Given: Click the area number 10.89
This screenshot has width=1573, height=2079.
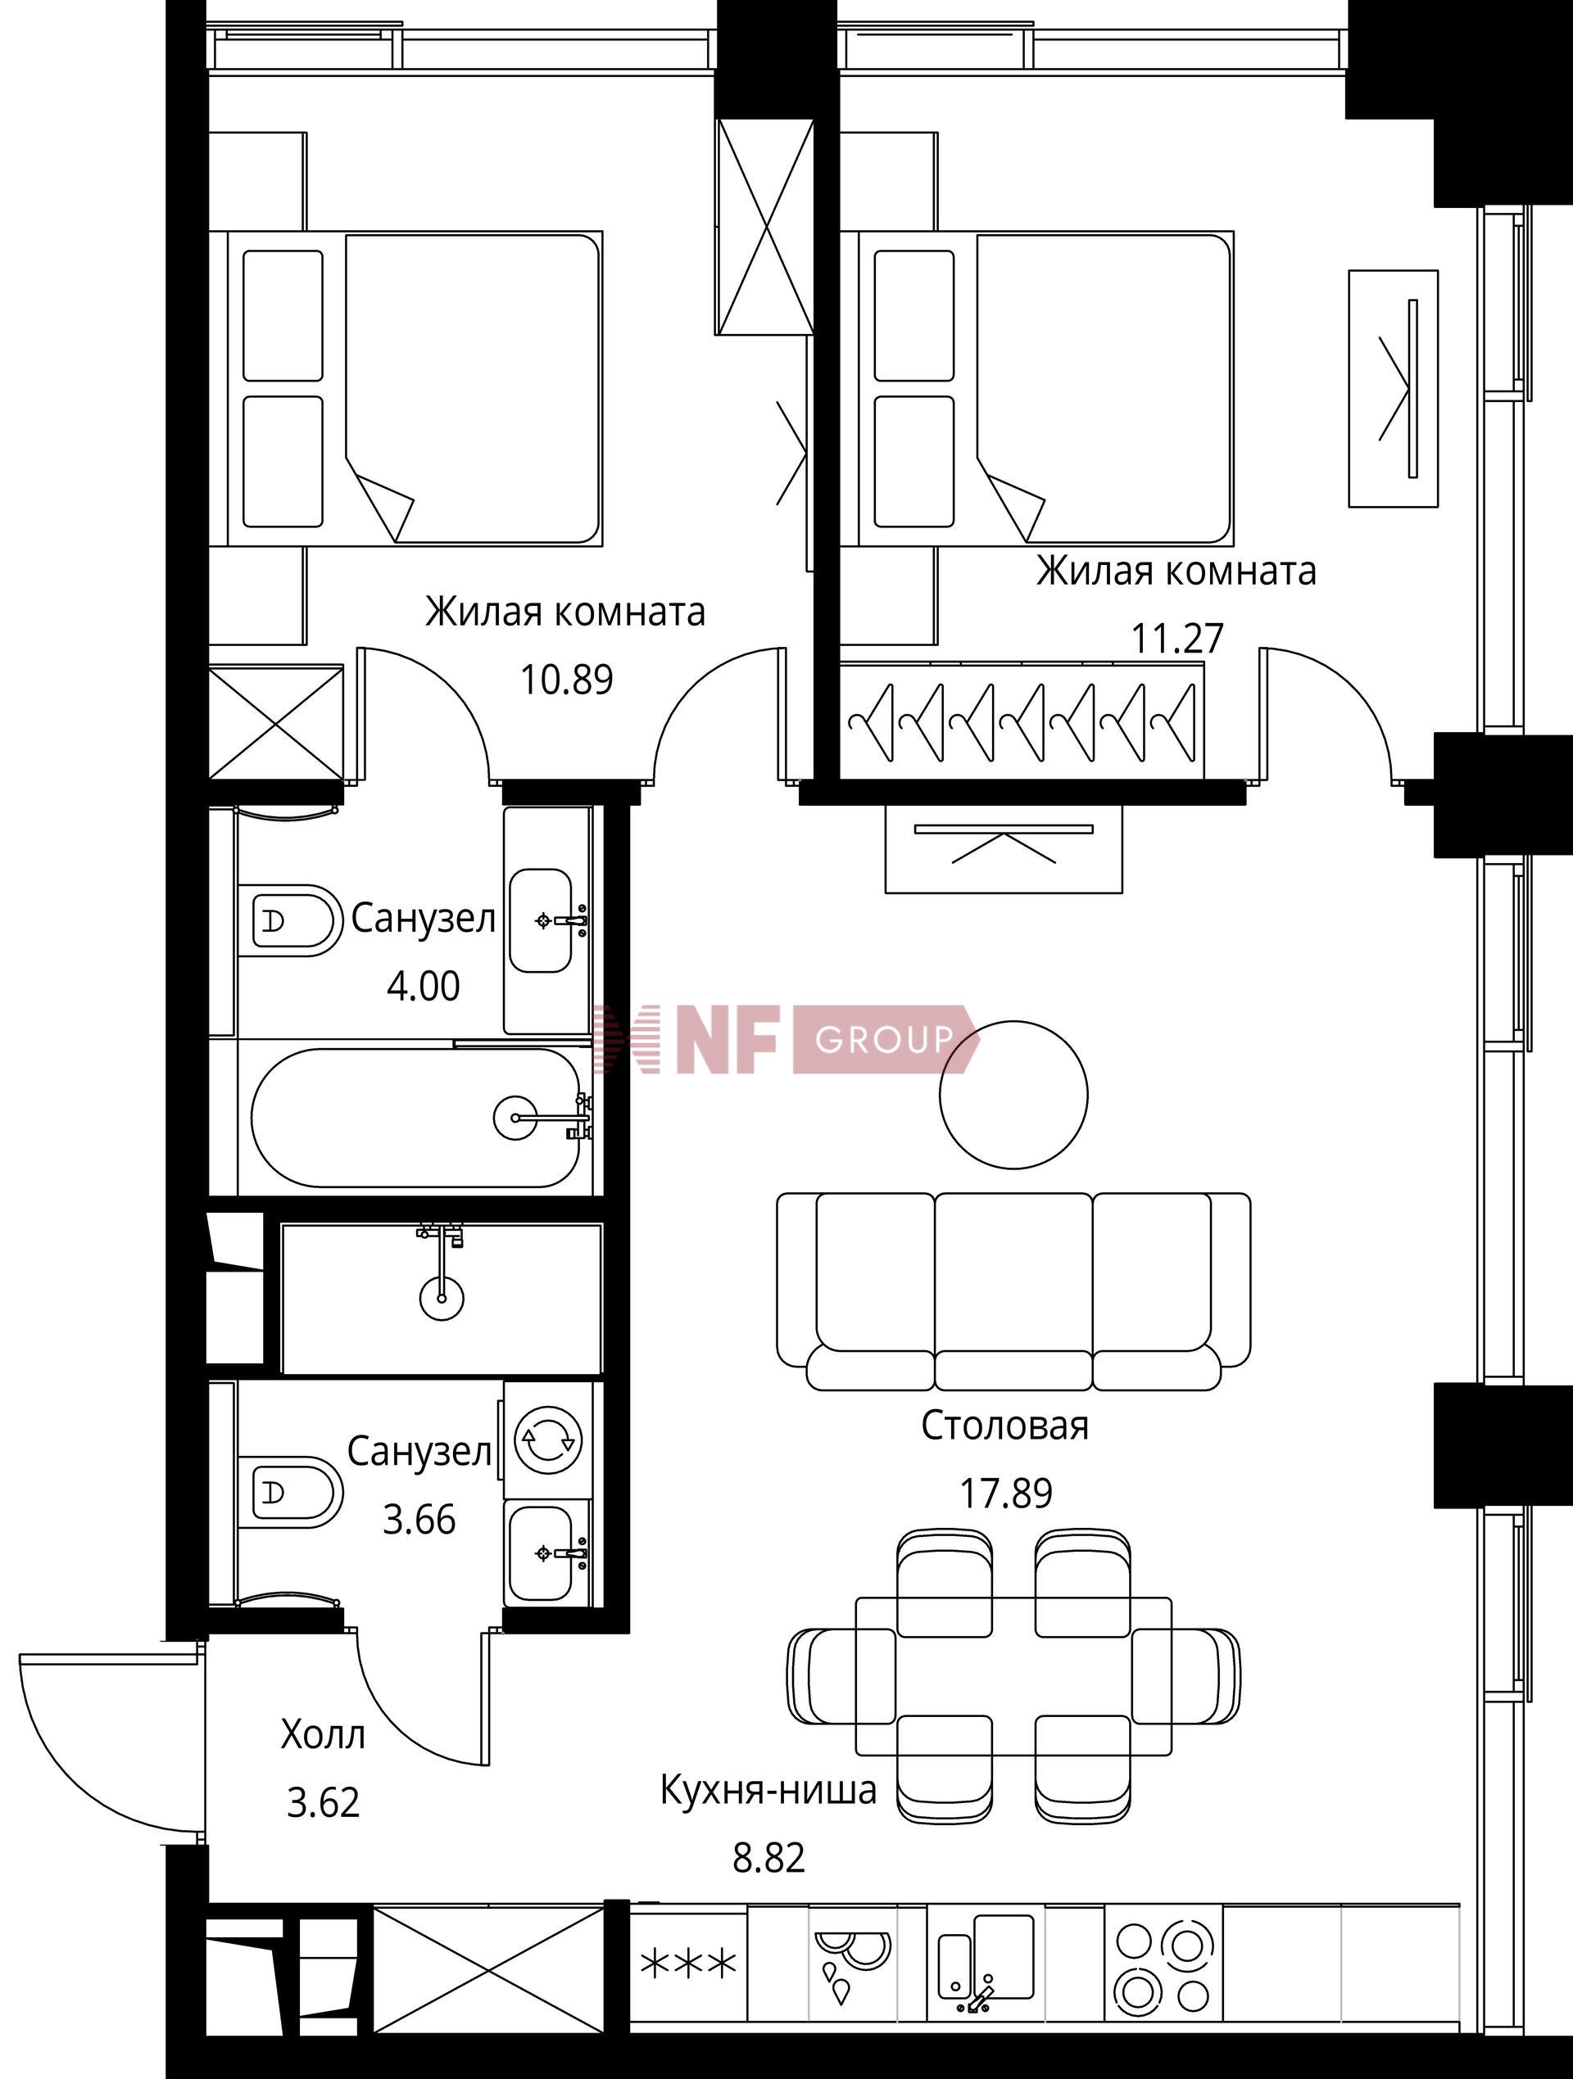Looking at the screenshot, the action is pyautogui.click(x=566, y=680).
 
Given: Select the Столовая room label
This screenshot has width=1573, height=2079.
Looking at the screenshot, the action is pyautogui.click(x=1005, y=1426).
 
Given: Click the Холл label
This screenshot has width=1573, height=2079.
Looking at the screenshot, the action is pyautogui.click(x=323, y=1735).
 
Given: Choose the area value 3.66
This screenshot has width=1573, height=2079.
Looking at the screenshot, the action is pyautogui.click(x=419, y=1520).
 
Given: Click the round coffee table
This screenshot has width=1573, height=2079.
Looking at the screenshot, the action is pyautogui.click(x=1013, y=1094).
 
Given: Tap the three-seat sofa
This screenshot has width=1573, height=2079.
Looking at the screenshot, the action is pyautogui.click(x=1013, y=1292).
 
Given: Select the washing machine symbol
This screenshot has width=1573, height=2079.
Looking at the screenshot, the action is pyautogui.click(x=548, y=1439).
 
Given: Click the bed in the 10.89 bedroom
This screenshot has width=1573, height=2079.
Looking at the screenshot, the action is pyautogui.click(x=415, y=388).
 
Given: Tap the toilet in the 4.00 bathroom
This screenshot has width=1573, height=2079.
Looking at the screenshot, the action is pyautogui.click(x=289, y=921).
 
